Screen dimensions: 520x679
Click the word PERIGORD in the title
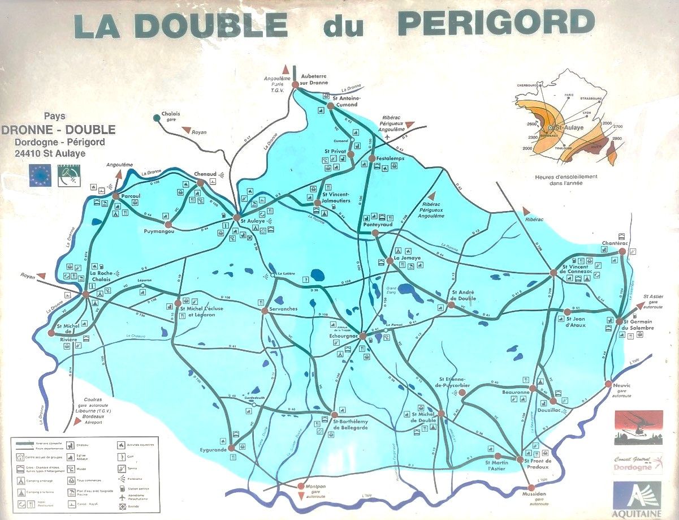(x=496, y=23)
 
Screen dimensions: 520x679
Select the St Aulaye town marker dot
(x=236, y=217)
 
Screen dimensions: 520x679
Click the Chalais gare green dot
(x=157, y=118)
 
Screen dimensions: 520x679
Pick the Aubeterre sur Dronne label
(x=314, y=79)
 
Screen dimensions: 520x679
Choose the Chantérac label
(x=615, y=243)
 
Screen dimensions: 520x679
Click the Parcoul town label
(x=130, y=196)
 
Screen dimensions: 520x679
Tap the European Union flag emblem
(x=41, y=175)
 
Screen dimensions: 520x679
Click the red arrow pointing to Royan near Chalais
(x=187, y=130)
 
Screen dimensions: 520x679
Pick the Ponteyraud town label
(x=378, y=225)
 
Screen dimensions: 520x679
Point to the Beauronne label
(x=516, y=392)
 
